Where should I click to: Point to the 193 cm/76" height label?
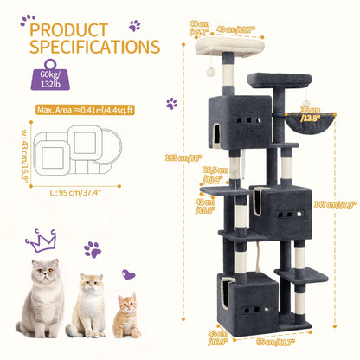[x=181, y=157]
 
